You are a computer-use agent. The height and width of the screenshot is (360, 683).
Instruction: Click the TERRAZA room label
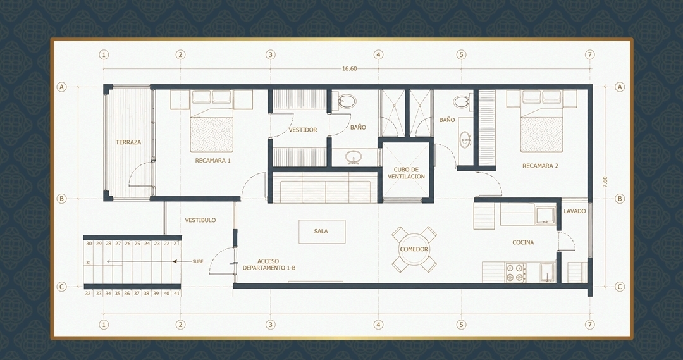point(128,142)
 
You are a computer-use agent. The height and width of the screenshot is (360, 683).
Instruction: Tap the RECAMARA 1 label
point(212,161)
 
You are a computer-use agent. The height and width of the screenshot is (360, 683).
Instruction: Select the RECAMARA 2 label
point(540,166)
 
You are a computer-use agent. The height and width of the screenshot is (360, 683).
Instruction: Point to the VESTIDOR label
point(303,130)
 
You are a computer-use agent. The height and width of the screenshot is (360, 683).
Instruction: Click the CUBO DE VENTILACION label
point(407,173)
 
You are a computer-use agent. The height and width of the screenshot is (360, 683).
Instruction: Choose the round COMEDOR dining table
point(414,249)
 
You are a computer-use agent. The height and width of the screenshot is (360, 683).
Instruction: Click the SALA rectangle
point(322,232)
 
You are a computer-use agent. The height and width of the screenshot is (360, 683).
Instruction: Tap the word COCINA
point(523,242)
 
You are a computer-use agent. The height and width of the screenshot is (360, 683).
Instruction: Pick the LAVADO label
point(574,211)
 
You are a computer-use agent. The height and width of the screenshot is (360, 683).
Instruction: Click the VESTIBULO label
point(200,220)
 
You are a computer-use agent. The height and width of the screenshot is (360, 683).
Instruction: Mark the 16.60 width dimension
point(349,68)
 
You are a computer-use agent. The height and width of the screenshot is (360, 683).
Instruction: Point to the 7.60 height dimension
point(605,182)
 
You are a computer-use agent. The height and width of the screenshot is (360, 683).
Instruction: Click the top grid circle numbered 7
point(590,54)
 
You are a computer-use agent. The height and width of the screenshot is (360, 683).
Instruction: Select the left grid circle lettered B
point(61,198)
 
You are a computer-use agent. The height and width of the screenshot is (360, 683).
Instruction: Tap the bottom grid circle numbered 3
point(271,325)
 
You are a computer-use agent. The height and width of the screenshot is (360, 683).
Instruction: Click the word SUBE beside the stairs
point(198,261)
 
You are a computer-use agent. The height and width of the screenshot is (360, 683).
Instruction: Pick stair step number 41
point(176,294)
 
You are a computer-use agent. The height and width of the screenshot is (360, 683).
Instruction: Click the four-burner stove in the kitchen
point(515,273)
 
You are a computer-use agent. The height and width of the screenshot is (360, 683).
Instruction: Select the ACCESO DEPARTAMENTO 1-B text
point(269,264)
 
